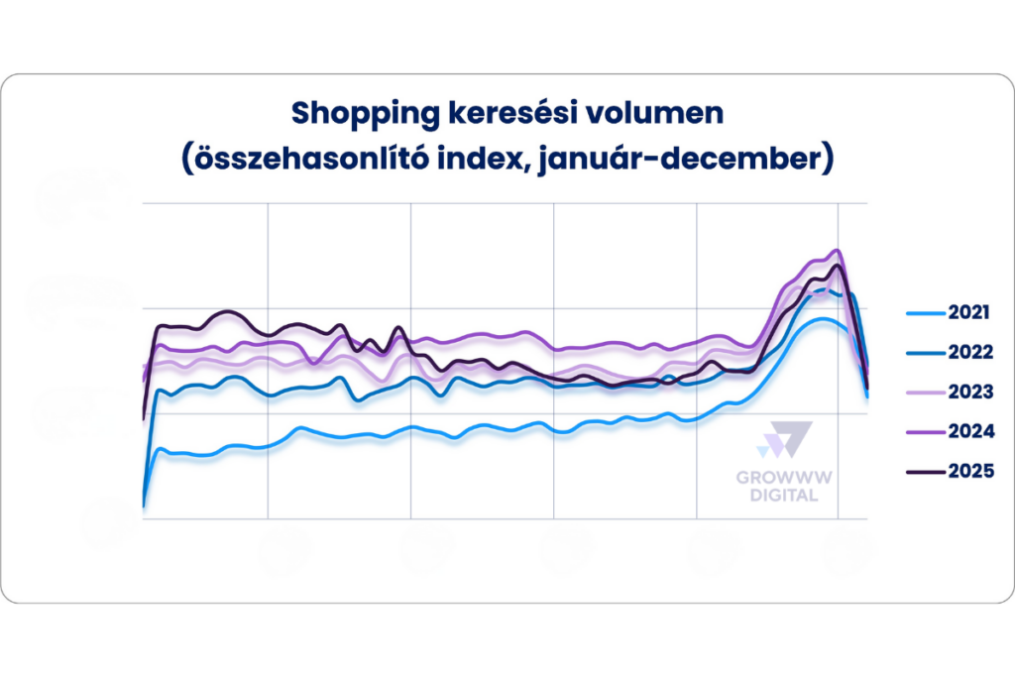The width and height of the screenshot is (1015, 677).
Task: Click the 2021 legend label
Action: pyautogui.click(x=969, y=313)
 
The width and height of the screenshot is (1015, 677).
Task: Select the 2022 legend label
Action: pyautogui.click(x=969, y=353)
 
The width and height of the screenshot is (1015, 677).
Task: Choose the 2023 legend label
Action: pyautogui.click(x=969, y=393)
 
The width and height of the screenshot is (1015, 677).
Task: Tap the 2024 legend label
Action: pyautogui.click(x=969, y=432)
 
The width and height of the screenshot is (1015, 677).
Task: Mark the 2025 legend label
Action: pyautogui.click(x=969, y=472)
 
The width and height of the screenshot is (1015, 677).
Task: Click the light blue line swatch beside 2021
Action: pyautogui.click(x=923, y=313)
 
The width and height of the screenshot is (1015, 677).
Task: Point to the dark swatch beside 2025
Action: pyautogui.click(x=923, y=472)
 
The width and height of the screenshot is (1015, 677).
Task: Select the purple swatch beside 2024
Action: pyautogui.click(x=923, y=432)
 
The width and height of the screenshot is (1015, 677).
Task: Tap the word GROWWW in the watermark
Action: pyautogui.click(x=783, y=478)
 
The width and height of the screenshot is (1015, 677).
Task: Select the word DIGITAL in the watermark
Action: pyautogui.click(x=783, y=495)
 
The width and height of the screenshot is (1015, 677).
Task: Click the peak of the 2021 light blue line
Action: pyautogui.click(x=822, y=319)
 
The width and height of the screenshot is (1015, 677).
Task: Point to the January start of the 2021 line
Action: pyautogui.click(x=145, y=505)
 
